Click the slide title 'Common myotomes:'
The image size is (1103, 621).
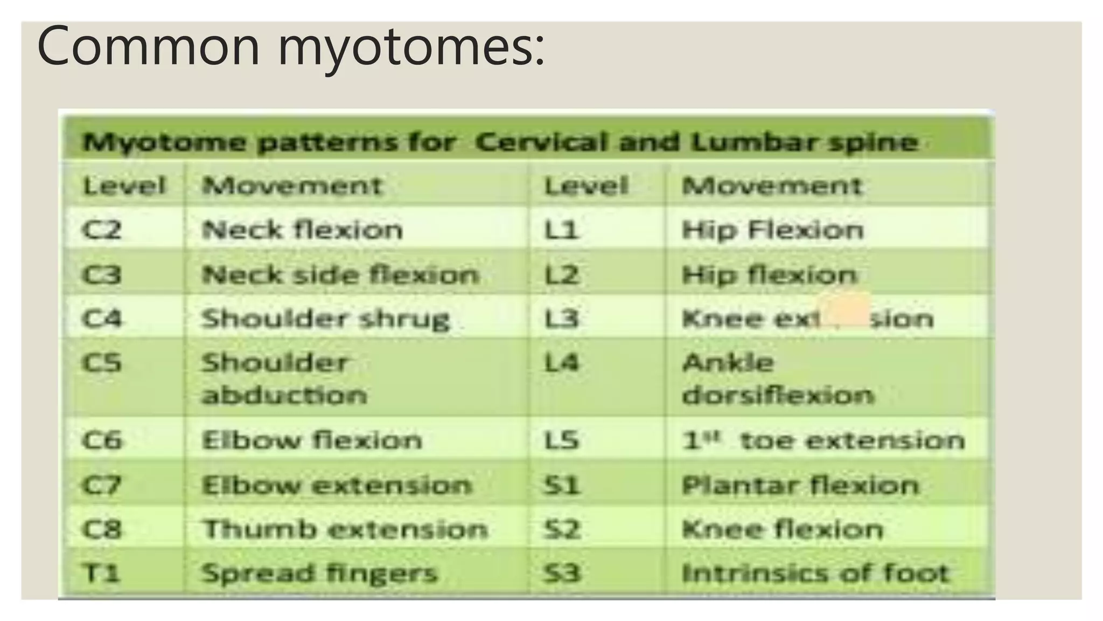[x=291, y=46]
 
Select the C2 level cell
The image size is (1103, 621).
[x=102, y=230]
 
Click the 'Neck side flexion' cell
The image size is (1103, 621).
[x=340, y=275]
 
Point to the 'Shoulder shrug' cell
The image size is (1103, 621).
[x=325, y=319]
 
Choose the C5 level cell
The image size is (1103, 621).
[x=102, y=363]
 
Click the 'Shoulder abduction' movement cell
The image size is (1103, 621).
[x=284, y=378]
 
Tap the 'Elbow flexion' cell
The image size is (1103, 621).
[x=312, y=440]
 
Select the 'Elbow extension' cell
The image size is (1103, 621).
[x=337, y=485]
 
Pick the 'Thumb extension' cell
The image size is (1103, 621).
[x=345, y=529]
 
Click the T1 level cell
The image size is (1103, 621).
[x=101, y=572]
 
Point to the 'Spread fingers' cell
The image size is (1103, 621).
[x=319, y=572]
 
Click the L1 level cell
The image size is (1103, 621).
[x=561, y=230]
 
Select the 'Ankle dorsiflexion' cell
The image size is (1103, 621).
[x=777, y=378]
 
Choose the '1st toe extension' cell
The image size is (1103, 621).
[x=823, y=440]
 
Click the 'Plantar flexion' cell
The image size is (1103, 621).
[x=800, y=485]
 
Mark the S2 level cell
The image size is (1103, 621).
[x=562, y=529]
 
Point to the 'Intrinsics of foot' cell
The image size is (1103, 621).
[x=815, y=572]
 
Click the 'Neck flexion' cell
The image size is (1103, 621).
[x=302, y=230]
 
